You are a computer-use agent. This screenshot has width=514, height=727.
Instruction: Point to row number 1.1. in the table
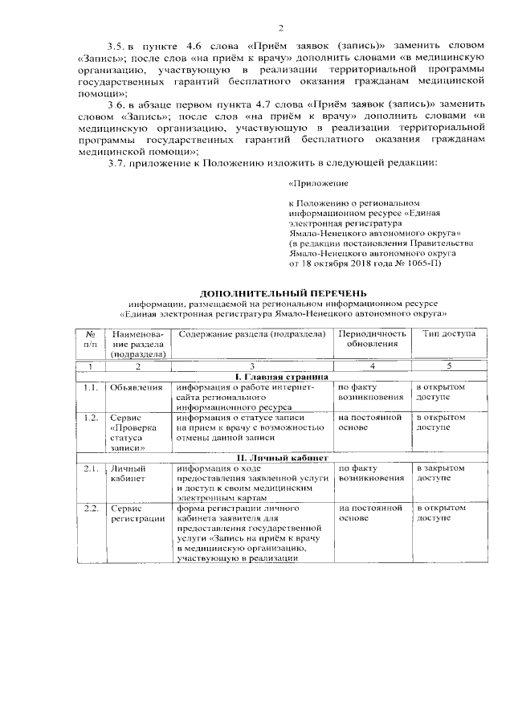pos(91,386)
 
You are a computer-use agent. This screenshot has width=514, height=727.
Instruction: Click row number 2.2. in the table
pos(91,509)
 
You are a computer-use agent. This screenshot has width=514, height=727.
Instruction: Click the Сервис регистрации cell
pos(134,514)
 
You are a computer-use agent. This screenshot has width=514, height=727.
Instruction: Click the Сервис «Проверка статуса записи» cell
pos(134,433)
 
